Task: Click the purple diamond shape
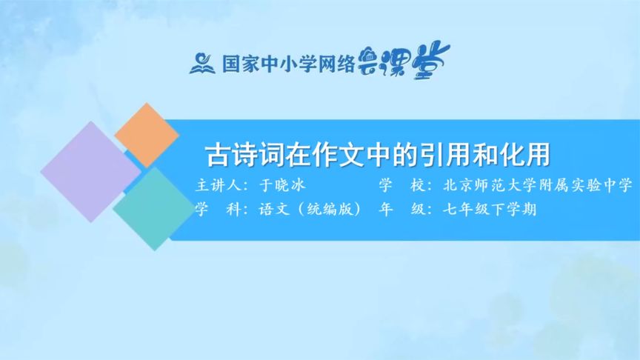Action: click(81, 171)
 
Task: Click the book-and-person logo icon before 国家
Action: click(201, 62)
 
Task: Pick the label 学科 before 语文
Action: click(215, 210)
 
